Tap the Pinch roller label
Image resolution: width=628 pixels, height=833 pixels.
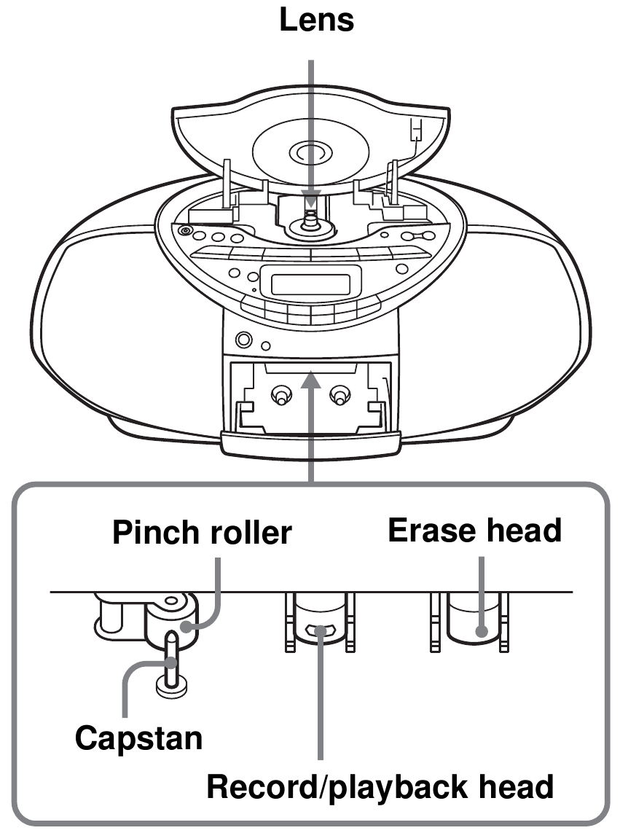coord(202,533)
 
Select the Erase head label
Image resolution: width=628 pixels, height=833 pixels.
coord(474,530)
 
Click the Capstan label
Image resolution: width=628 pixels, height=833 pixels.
coord(139,738)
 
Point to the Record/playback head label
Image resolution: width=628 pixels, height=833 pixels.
coord(380,787)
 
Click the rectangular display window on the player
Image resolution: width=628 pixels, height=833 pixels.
coord(315,281)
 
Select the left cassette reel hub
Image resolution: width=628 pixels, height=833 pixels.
coord(279,396)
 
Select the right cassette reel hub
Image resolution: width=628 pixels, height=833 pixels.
coord(337,396)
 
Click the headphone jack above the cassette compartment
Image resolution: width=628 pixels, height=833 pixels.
coord(244,340)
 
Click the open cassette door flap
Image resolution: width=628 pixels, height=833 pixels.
coord(311,442)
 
